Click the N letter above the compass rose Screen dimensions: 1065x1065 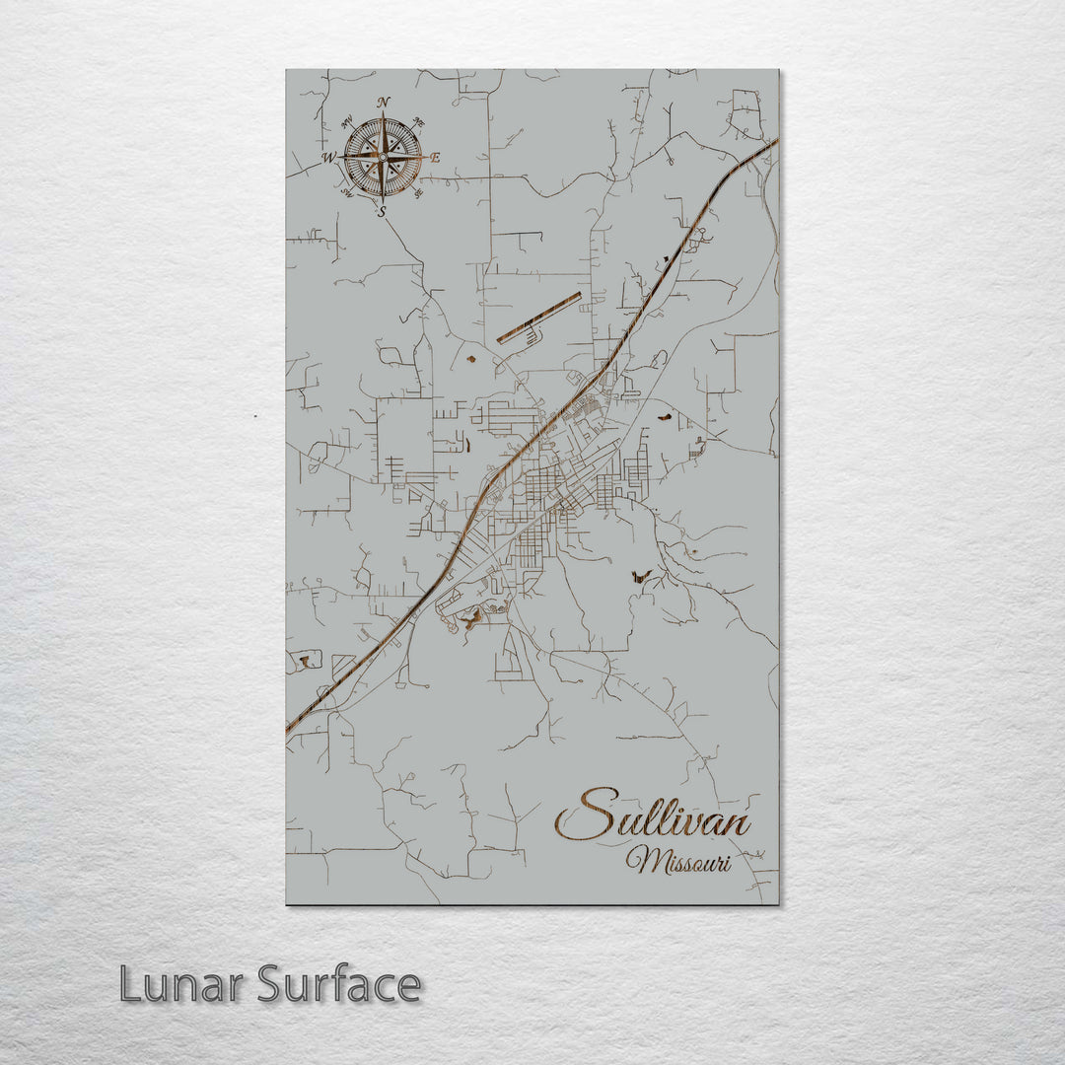[384, 102]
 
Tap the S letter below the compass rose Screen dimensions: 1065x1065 [383, 211]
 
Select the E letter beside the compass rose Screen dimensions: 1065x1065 [436, 158]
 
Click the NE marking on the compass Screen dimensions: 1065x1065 [418, 122]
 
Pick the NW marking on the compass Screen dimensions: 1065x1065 [347, 122]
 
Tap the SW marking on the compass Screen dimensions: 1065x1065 [347, 193]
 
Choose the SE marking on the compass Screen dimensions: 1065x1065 [418, 193]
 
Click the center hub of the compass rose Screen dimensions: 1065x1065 [383, 157]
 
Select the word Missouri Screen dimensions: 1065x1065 [678, 861]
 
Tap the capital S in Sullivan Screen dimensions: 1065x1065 [587, 815]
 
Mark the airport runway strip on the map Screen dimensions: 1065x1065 [538, 318]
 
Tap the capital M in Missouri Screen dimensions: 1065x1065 [642, 861]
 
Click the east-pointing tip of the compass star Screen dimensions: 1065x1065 [425, 157]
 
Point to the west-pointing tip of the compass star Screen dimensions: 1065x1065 [340, 157]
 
